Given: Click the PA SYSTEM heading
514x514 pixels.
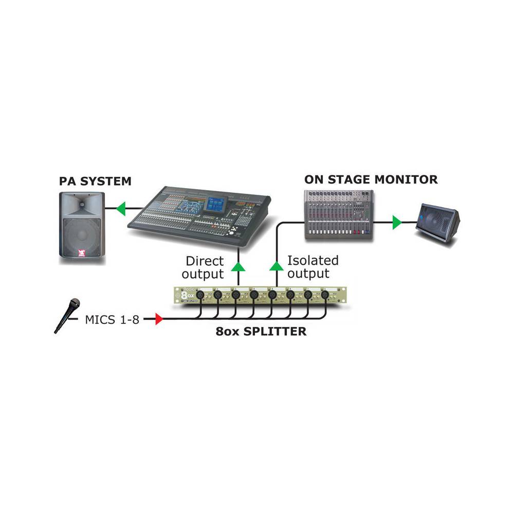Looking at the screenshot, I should pos(96,181).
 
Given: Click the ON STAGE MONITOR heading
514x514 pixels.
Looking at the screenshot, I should pos(371,179).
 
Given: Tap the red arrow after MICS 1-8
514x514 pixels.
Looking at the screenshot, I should pos(159,320).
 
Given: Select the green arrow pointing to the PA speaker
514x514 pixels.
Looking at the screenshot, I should pos(121,209).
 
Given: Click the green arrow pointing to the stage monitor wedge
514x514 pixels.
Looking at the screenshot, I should pos(397,222).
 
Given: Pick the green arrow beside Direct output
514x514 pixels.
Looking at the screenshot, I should pos(237,266).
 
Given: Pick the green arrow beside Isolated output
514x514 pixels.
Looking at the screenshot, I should pos(277,266).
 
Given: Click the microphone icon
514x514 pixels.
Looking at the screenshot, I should pos(67,315).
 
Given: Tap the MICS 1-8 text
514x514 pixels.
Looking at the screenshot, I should pos(112,320).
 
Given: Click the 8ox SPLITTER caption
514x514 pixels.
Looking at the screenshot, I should pos(261,332).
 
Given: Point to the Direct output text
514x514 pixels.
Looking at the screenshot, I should pos(205,267).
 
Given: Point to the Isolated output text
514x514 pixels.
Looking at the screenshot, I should pos(313,267).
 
